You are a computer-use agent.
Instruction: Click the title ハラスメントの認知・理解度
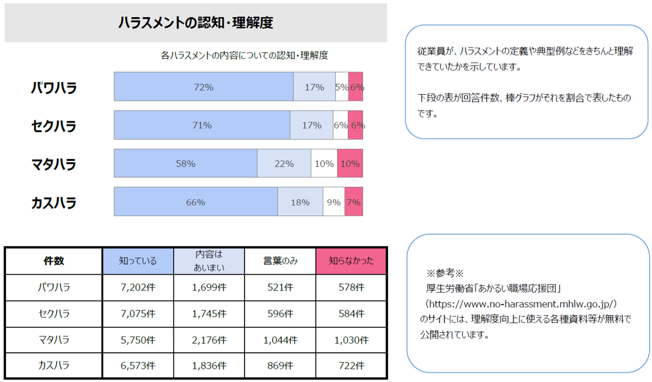point(195,23)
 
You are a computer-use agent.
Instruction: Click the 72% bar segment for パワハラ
point(204,87)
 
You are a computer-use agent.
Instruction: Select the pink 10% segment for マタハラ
point(350,164)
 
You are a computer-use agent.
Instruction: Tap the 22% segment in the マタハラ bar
point(284,164)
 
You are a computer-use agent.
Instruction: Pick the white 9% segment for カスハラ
point(334,202)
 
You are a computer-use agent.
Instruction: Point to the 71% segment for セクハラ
point(202,125)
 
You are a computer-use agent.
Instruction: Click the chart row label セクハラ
point(54,126)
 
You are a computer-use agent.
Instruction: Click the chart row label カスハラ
point(54,203)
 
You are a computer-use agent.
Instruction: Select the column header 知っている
point(138,261)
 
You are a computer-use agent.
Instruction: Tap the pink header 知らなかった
point(350,261)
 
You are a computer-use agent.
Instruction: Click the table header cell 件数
point(54,261)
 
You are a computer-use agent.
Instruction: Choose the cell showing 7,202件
point(138,287)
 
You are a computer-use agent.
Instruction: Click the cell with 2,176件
point(209,340)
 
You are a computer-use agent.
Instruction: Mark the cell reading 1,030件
point(350,340)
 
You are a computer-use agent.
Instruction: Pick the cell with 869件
point(280,365)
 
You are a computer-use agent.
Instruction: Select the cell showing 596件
point(280,313)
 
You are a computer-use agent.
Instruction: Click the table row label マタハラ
point(54,340)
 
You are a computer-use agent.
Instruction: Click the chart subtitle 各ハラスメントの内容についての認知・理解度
point(245,56)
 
